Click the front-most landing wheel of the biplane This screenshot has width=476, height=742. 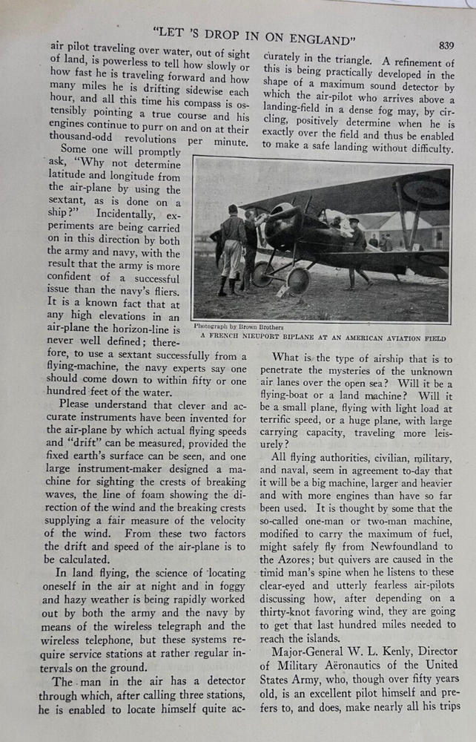click(x=298, y=280)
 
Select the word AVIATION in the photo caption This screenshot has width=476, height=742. click(x=402, y=338)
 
